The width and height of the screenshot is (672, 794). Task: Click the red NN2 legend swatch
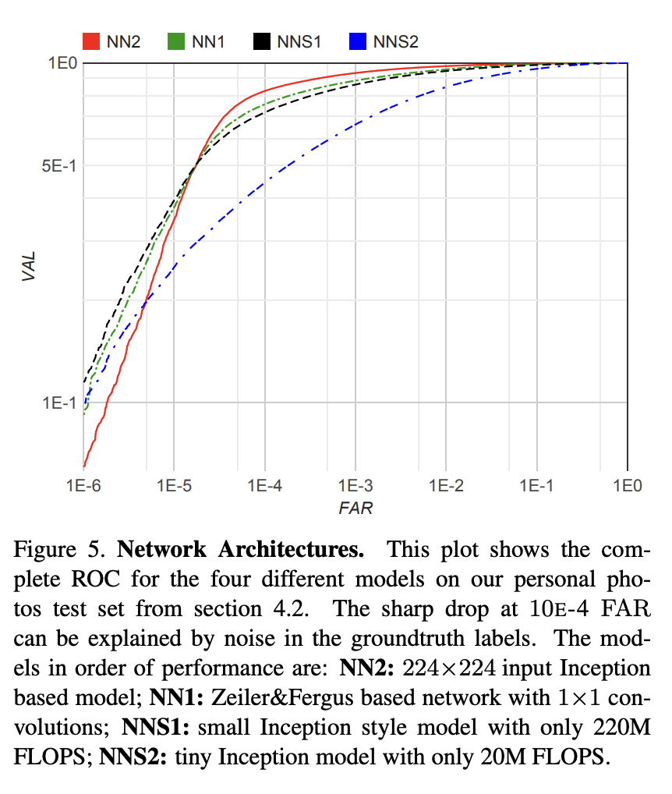[91, 41]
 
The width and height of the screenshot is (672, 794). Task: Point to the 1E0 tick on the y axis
[62, 63]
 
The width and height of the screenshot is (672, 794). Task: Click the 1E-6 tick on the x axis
[83, 485]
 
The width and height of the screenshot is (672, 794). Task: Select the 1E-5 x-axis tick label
[174, 485]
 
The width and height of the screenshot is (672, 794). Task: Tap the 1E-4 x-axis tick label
[264, 485]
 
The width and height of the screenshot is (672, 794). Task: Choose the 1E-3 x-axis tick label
[355, 485]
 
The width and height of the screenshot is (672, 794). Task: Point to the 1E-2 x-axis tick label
[446, 485]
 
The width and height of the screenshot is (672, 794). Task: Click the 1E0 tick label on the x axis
[626, 485]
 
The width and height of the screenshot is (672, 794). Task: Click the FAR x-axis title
[355, 509]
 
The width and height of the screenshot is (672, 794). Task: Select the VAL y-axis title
[30, 265]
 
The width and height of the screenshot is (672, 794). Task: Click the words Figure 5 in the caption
[60, 550]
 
